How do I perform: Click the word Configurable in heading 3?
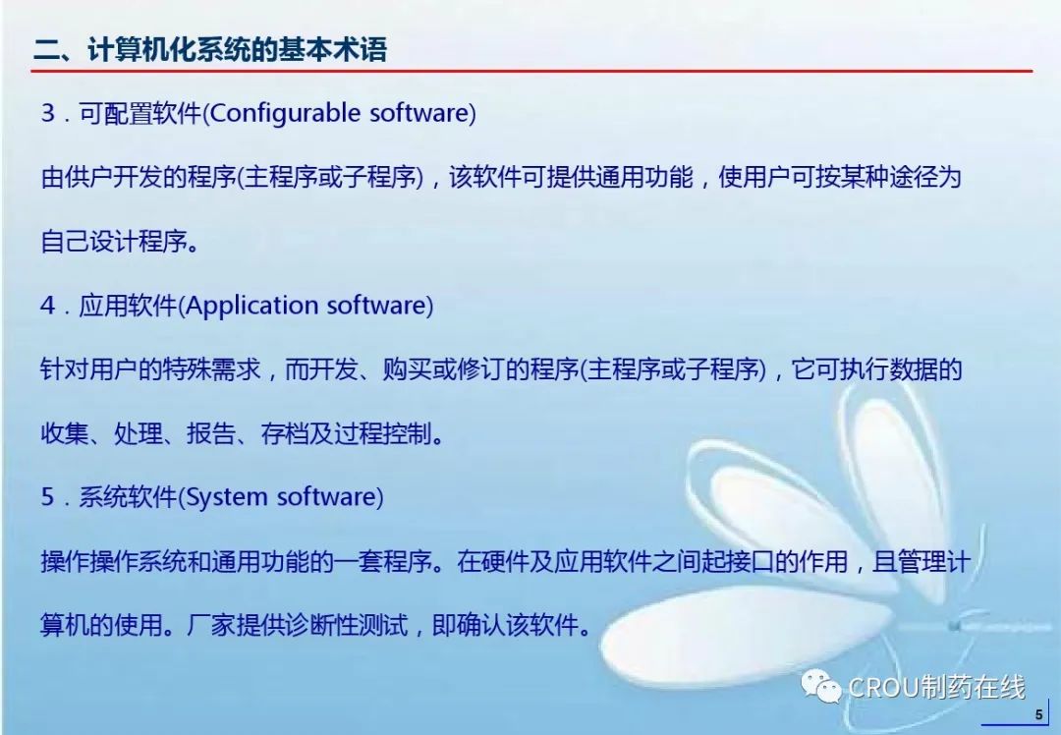pos(285,113)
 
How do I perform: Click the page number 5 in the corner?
pos(1038,714)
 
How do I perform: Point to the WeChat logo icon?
pos(820,687)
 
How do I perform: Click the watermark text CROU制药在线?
pos(936,688)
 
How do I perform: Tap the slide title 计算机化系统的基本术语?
pos(237,49)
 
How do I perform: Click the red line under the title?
pos(531,70)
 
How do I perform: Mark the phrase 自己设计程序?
pos(114,241)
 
